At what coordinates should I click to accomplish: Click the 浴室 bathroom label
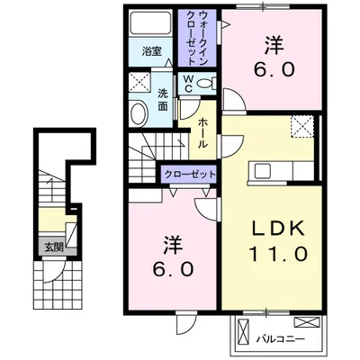pyautogui.click(x=151, y=52)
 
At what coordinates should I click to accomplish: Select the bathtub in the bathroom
pyautogui.click(x=150, y=22)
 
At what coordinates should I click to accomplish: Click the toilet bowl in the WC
pyautogui.click(x=206, y=83)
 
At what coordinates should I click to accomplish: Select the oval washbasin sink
pyautogui.click(x=139, y=114)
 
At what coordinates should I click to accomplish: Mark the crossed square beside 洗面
pyautogui.click(x=139, y=83)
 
